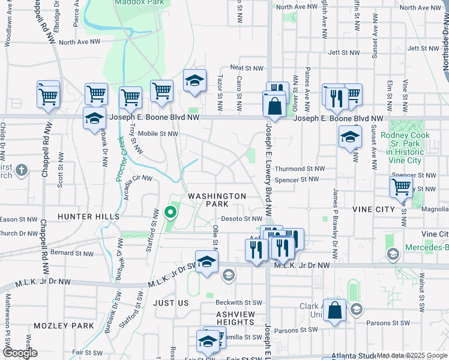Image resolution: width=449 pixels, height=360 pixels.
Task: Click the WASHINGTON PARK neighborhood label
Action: point(217,200)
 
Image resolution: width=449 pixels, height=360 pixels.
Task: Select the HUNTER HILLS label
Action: point(88,216)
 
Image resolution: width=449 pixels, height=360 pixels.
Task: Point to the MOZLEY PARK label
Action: point(64,326)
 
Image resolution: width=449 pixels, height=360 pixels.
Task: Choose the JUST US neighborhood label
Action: point(171,304)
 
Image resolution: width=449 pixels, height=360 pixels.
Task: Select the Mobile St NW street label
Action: point(158,134)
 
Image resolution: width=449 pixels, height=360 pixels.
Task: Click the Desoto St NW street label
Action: point(242,219)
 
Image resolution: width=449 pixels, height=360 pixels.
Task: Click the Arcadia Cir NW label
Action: point(138,179)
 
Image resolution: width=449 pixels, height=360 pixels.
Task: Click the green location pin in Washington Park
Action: point(170,212)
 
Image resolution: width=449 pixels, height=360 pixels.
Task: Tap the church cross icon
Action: point(22,170)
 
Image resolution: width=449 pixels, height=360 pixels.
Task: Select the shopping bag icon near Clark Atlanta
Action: point(335,311)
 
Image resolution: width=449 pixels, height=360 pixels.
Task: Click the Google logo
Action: point(20,353)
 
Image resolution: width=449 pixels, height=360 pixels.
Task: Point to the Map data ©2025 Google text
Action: point(412,355)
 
